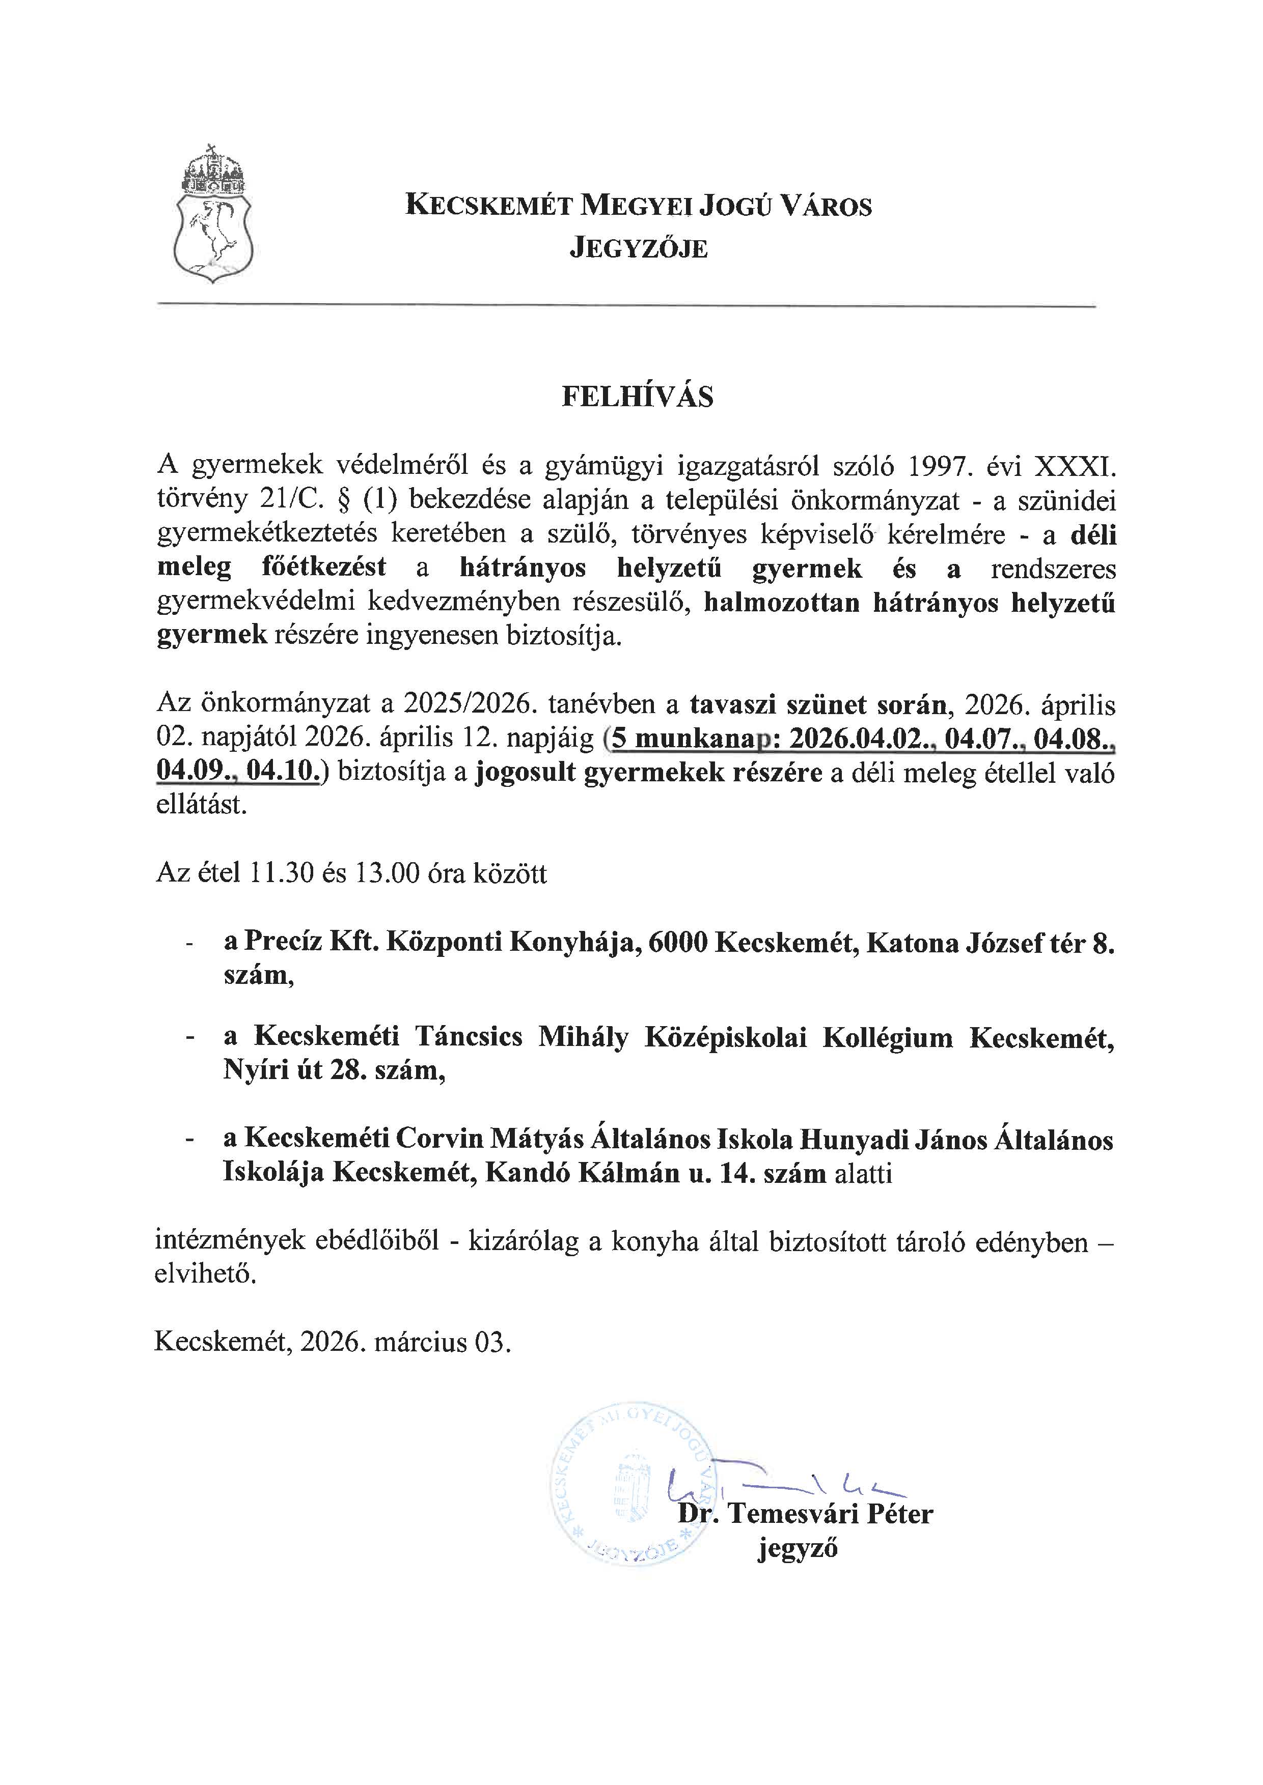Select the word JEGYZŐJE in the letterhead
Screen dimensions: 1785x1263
pos(639,249)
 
